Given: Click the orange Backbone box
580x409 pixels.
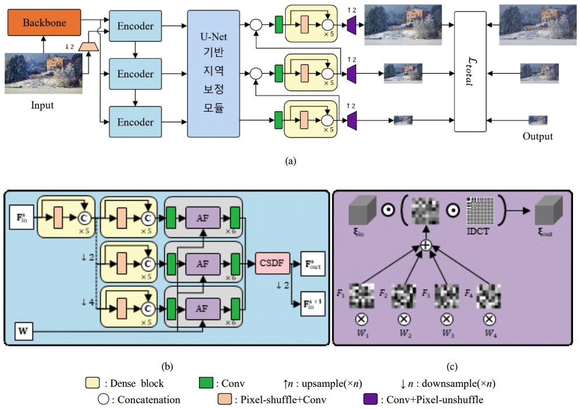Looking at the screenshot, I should coord(44,23).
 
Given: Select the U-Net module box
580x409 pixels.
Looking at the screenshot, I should coord(213,74).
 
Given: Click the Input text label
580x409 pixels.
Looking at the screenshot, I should coord(42,106).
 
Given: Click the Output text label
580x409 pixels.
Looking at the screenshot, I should coord(537,137).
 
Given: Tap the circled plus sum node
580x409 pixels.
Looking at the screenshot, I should coord(426,246).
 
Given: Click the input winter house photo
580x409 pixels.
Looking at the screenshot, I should coord(44,73).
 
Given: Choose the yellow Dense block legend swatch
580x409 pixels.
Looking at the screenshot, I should coord(92,383).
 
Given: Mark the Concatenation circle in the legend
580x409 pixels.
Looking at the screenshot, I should coord(104,400).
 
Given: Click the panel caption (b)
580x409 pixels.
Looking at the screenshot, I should coord(167,367).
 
